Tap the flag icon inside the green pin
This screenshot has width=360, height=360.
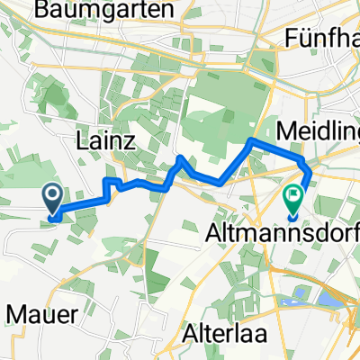[x=294, y=194]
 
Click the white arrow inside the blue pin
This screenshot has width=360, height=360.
[x=52, y=193]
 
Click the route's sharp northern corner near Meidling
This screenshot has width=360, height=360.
[x=251, y=141]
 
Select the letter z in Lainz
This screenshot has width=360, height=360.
[x=131, y=141]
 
